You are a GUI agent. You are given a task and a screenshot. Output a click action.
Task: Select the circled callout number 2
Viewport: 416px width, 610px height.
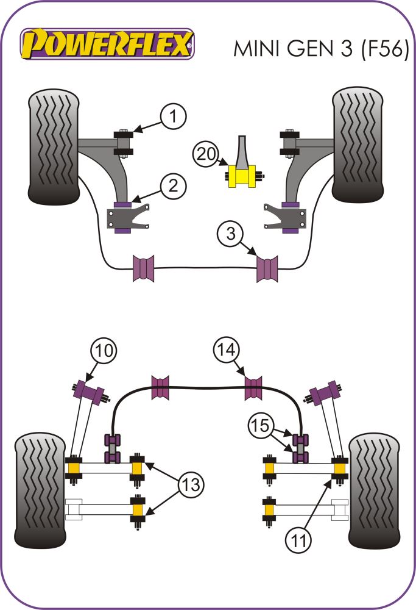(x=173, y=186)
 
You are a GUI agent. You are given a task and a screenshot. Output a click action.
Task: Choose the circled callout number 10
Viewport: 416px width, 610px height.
(x=103, y=351)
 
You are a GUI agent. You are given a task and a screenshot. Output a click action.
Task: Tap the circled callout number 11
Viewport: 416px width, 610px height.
(x=299, y=538)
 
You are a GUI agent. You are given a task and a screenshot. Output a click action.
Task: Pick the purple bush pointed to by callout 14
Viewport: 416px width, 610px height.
(x=253, y=388)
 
